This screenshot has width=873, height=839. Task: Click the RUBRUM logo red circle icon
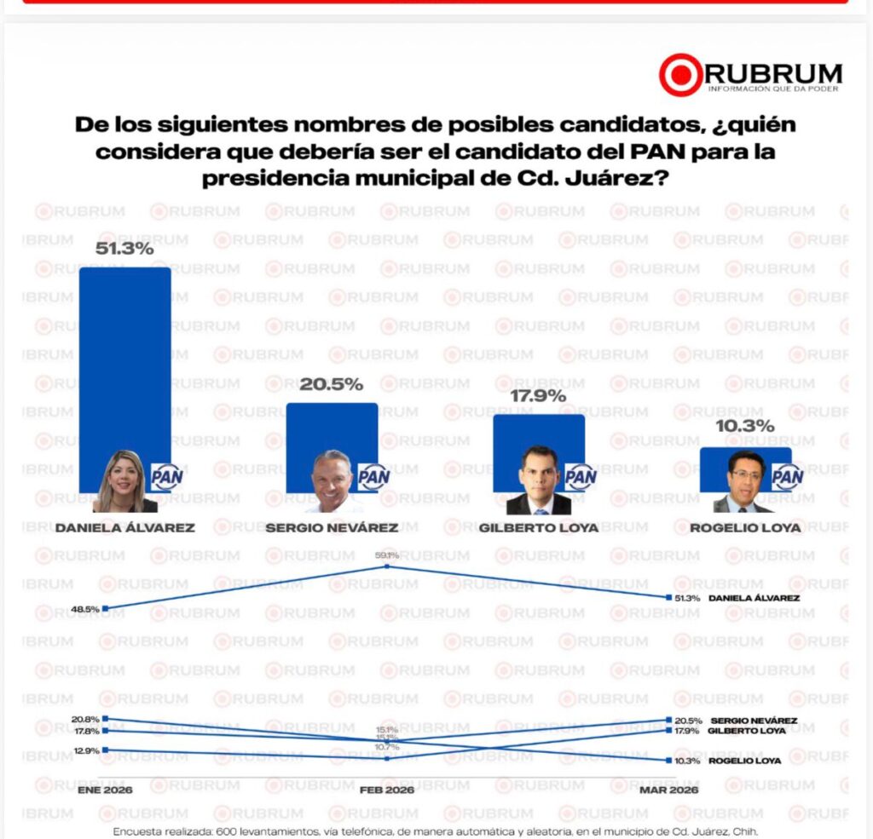point(680,75)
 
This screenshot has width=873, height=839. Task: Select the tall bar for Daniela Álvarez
point(124,358)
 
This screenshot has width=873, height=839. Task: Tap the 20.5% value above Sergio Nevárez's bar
point(332,384)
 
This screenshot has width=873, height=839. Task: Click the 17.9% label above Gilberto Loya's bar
point(538,396)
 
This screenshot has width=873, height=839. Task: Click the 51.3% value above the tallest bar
point(124,250)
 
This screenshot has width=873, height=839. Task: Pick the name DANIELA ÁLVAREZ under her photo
point(124,527)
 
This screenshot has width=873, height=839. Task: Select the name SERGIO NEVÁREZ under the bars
point(332,527)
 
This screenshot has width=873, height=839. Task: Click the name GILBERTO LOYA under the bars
point(539,527)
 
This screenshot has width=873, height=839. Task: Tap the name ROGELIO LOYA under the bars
point(746,527)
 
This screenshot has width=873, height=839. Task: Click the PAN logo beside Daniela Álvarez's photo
point(167,477)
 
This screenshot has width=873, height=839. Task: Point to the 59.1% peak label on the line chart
point(387,555)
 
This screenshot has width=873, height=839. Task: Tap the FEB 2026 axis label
point(387,790)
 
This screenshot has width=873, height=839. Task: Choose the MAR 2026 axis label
point(669,790)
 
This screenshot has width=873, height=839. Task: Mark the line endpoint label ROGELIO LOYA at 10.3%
point(744,761)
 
